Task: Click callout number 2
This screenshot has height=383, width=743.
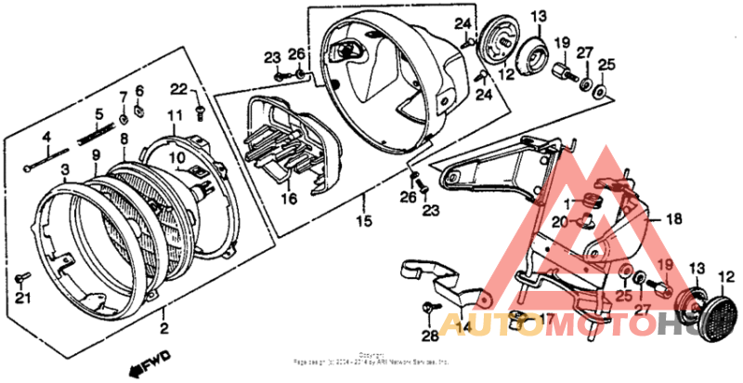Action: (x=163, y=328)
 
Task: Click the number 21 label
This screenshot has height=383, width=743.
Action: (x=22, y=297)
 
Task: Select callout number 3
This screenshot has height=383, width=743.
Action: (x=64, y=169)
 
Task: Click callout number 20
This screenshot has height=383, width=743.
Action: (x=558, y=221)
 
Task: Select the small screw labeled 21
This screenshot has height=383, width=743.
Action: (x=24, y=277)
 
